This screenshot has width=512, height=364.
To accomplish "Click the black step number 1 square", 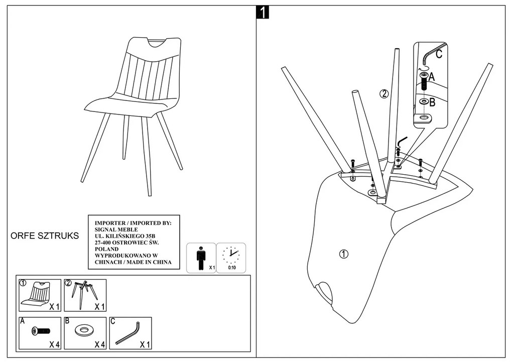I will click(x=262, y=13).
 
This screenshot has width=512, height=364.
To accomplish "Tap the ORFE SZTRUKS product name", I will click(x=45, y=236).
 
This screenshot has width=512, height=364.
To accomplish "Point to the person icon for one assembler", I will click(x=201, y=257).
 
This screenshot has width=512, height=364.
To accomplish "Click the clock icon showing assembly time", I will click(x=231, y=255).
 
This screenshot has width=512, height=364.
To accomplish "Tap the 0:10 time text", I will click(x=232, y=268).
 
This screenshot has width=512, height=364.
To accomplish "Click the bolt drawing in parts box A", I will click(x=40, y=331).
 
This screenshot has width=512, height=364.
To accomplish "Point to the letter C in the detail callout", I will click(x=439, y=54).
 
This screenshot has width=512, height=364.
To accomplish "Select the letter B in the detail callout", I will click(x=432, y=102).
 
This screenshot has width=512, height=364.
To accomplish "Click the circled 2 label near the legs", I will click(x=383, y=93).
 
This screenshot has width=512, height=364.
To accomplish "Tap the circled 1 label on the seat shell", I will click(x=343, y=254).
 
